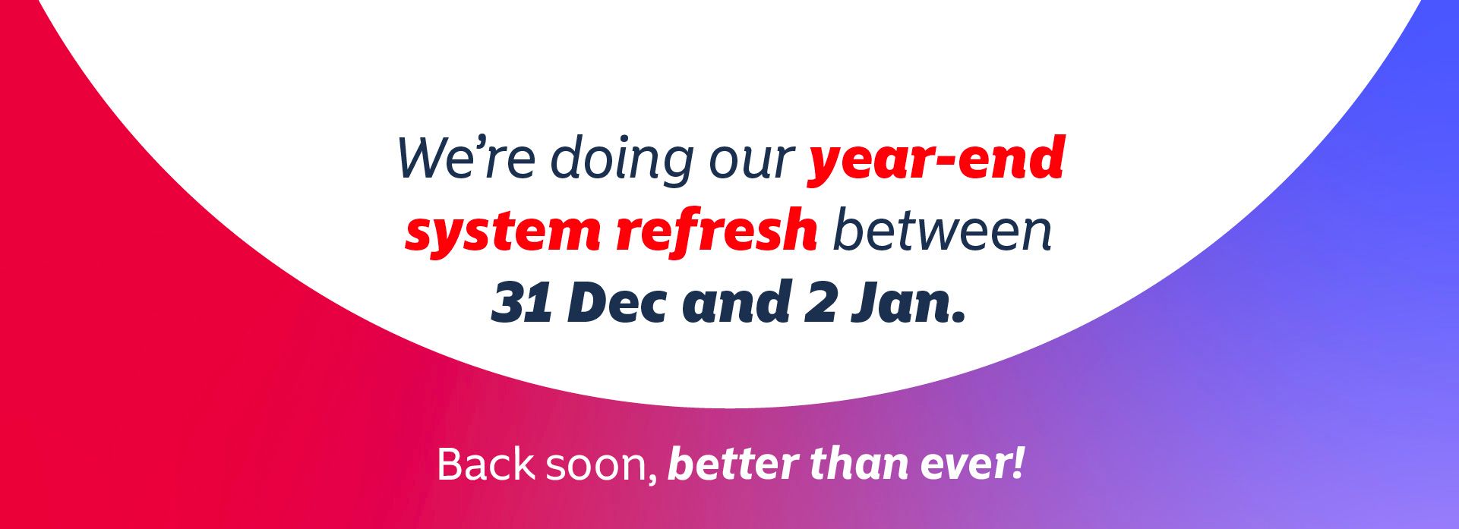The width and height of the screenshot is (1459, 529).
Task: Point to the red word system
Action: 504,233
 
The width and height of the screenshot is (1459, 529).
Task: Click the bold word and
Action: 735,301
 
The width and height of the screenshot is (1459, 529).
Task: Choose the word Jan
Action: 908,303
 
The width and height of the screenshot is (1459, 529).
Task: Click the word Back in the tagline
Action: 486,464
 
